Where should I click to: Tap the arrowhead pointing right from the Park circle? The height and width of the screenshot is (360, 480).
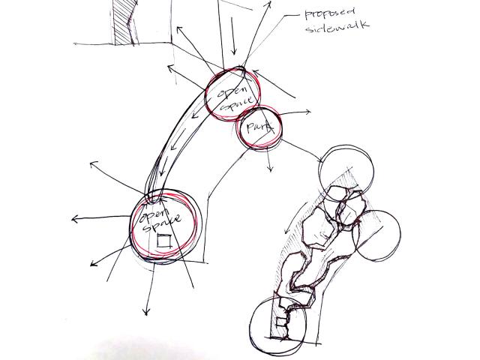[x=309, y=113]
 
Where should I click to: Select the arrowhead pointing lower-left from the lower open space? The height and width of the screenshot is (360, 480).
[x=91, y=265]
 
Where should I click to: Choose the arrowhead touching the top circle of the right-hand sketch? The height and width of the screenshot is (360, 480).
[x=322, y=159]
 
